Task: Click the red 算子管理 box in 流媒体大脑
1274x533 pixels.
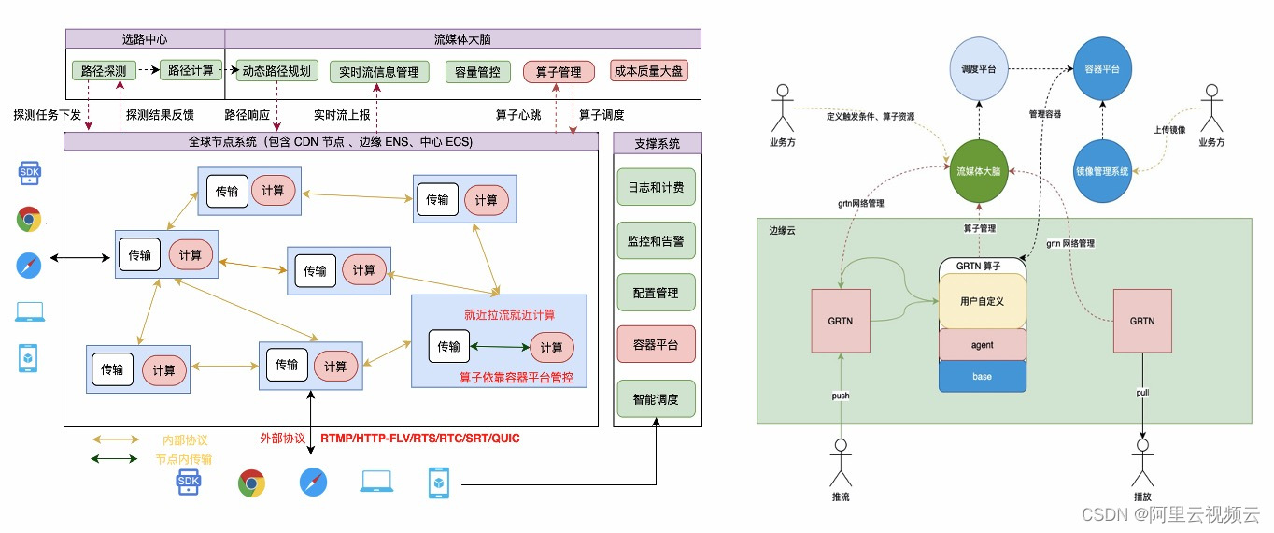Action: coord(559,71)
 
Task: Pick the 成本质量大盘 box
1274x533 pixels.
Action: coord(649,71)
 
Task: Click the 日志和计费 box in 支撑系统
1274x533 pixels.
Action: coord(656,187)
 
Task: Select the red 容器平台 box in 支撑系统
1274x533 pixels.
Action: coord(656,345)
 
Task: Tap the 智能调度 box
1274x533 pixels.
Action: coord(656,398)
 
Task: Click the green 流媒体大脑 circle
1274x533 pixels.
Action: coord(978,172)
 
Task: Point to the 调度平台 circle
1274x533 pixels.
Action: coord(979,70)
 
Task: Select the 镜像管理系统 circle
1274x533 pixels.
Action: coord(1102,172)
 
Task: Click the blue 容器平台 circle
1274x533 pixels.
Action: coord(1102,70)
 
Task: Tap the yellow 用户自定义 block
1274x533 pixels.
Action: coord(982,301)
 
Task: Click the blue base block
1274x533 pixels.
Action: coord(982,376)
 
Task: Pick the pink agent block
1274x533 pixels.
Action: coord(982,345)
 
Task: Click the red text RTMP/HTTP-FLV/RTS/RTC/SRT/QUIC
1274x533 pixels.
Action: coord(420,438)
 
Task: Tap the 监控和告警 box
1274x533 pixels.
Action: coord(656,240)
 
